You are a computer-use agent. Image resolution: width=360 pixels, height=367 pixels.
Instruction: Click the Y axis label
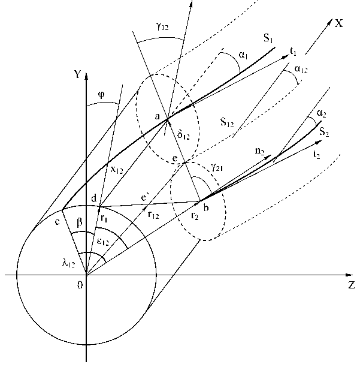point(76,76)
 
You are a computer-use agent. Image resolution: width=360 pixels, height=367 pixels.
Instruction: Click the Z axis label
point(352,285)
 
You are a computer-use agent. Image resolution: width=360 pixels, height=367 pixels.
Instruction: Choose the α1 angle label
point(242,55)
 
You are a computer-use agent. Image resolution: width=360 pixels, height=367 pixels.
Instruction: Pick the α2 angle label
point(321,113)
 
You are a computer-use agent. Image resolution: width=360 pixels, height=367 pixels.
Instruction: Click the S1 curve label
point(269,40)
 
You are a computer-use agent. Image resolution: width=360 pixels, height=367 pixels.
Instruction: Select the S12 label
point(227,122)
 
